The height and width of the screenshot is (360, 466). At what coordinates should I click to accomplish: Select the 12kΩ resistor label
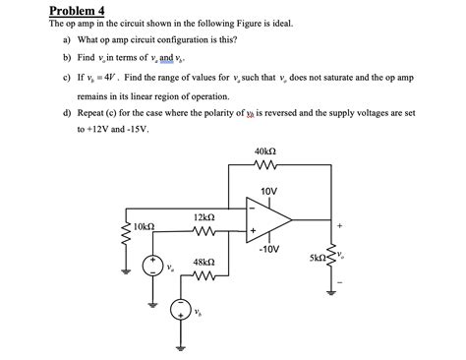[x=205, y=215]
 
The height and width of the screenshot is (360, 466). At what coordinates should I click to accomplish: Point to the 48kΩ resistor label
[x=205, y=263]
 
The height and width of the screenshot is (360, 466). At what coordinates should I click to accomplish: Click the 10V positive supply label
[x=269, y=190]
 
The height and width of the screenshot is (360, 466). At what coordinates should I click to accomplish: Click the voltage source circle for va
[x=151, y=266]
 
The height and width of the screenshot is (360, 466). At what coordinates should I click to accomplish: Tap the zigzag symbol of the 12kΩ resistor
[x=205, y=232]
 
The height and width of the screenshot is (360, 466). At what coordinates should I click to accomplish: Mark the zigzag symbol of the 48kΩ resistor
[x=205, y=277]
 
